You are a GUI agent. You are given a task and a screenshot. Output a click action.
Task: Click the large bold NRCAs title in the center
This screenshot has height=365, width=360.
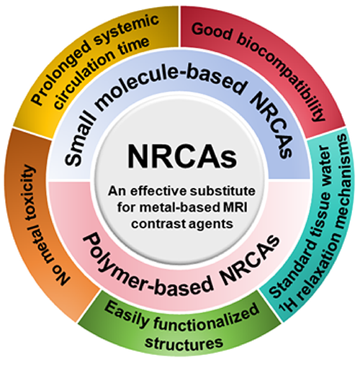pos(182,157)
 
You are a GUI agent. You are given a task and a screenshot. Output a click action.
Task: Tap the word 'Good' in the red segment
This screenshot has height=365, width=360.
pos(211,32)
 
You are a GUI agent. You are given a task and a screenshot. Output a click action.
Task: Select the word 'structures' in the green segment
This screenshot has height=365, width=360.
pos(184,343)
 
